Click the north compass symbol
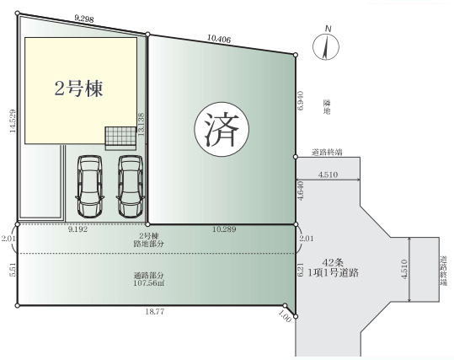click(x=327, y=46)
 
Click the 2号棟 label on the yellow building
click(x=79, y=88)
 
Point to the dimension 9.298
click(x=83, y=17)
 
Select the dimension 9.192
click(x=82, y=228)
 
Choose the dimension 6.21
click(x=301, y=271)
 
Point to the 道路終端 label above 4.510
click(x=327, y=153)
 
